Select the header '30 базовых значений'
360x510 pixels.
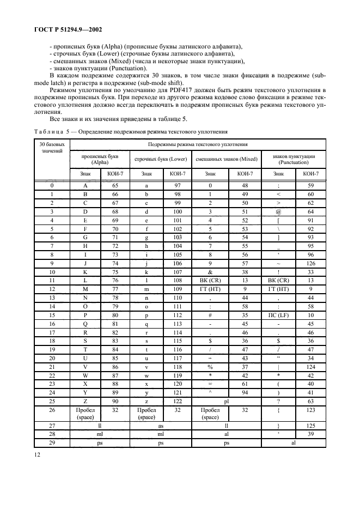[52, 147]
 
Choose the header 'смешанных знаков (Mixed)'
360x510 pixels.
[226, 159]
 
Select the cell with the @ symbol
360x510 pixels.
[278, 211]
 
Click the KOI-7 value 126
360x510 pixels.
[310, 263]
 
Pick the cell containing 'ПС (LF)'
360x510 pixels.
[278, 315]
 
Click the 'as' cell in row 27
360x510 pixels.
[160, 426]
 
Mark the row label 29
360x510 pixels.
[52, 444]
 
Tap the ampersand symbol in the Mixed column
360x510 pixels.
[210, 272]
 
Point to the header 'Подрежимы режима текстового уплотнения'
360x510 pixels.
[199, 144]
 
